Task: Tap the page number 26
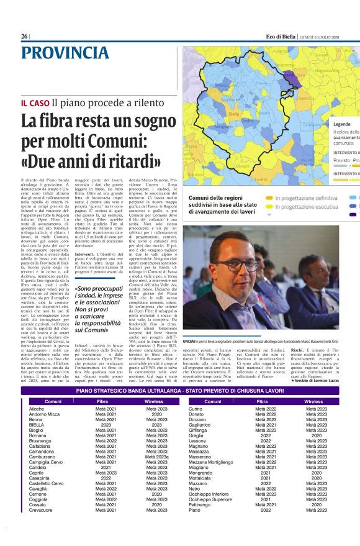pos(24,37)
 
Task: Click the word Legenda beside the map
pos(342,124)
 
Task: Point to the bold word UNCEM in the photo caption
pos(189,341)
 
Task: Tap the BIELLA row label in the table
pos(36,425)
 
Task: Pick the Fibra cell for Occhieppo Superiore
pos(265,516)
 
